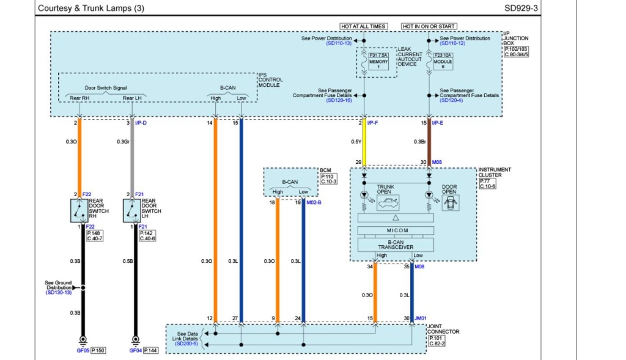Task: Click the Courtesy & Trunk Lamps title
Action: (x=92, y=9)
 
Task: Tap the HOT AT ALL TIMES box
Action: (x=363, y=26)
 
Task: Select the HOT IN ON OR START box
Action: (x=429, y=26)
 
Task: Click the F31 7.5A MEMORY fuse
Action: (x=378, y=62)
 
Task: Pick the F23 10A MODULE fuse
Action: (x=443, y=62)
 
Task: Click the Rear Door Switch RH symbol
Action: (x=79, y=210)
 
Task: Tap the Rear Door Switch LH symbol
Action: (x=131, y=210)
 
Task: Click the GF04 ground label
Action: (x=135, y=351)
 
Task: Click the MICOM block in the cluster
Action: (x=396, y=230)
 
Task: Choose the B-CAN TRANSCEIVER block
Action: (x=396, y=244)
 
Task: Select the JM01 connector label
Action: (x=420, y=318)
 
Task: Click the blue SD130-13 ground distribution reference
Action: (x=59, y=293)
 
